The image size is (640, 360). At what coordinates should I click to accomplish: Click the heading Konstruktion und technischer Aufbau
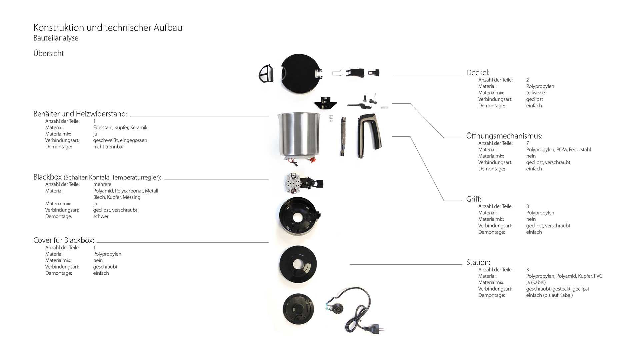click(x=108, y=28)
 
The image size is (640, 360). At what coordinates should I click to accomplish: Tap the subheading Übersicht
click(x=48, y=53)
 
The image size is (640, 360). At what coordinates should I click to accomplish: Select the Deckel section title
click(x=478, y=73)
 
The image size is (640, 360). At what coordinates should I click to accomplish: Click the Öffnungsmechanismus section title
click(x=504, y=136)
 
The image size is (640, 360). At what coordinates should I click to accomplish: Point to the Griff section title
click(x=474, y=199)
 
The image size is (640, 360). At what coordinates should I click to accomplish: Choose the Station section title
click(x=478, y=262)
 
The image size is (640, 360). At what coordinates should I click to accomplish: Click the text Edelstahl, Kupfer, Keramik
click(x=120, y=128)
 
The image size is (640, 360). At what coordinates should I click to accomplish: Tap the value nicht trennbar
click(x=108, y=147)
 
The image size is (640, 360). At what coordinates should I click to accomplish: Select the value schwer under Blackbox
click(x=101, y=216)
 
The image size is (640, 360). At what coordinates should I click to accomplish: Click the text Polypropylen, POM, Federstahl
click(x=558, y=150)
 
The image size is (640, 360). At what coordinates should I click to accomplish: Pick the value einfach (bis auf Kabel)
click(x=549, y=295)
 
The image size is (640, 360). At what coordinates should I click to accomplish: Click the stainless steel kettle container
click(x=299, y=135)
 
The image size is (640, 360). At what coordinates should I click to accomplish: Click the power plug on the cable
click(x=375, y=329)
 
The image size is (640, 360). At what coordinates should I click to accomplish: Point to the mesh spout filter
click(x=266, y=74)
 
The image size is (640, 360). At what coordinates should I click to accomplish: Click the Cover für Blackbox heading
click(x=64, y=240)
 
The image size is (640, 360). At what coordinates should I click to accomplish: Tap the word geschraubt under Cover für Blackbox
click(x=105, y=267)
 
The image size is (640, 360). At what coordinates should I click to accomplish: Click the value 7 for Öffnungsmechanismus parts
click(x=527, y=143)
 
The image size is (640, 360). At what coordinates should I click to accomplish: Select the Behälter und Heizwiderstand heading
click(x=80, y=114)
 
